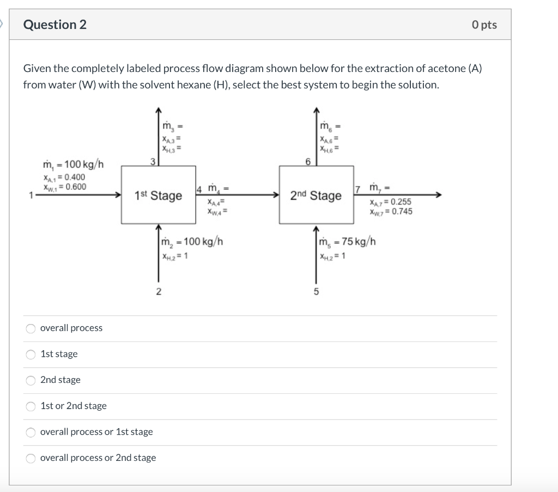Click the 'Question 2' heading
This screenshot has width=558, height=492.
tap(54, 25)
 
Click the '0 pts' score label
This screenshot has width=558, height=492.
tap(484, 25)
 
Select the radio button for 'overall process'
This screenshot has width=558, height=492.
tap(31, 328)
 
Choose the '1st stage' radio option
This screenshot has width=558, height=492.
tap(31, 354)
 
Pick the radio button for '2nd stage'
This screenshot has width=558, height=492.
tap(31, 380)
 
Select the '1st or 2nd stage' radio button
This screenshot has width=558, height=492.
tap(31, 406)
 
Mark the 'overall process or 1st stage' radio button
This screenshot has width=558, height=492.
tap(31, 432)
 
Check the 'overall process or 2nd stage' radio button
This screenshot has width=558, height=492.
tap(31, 458)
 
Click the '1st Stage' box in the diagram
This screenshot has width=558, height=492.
tap(159, 195)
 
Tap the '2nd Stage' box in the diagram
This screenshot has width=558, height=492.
tap(316, 195)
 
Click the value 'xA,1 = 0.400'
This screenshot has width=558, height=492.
tap(64, 177)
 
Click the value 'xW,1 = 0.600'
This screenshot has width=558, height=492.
tap(64, 187)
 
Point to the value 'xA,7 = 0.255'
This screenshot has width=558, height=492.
tap(390, 202)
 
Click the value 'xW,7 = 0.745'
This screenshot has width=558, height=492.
tap(390, 212)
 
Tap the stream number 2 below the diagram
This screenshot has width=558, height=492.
tap(159, 291)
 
